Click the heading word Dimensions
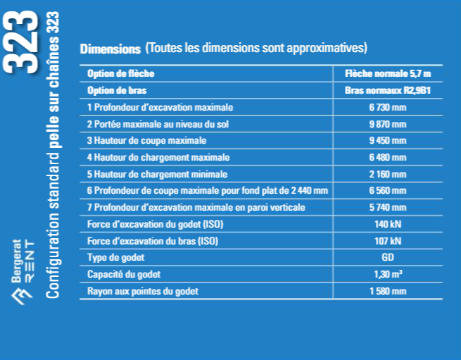[x=110, y=49]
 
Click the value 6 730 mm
[x=388, y=107]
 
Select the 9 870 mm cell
[x=388, y=124]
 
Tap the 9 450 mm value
[x=388, y=140]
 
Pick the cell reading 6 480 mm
[x=388, y=157]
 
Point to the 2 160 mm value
[x=388, y=174]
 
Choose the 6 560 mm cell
[x=388, y=191]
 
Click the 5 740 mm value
[x=388, y=207]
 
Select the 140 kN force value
[x=388, y=224]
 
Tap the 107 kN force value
[x=388, y=241]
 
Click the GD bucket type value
[x=388, y=257]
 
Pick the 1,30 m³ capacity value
[x=388, y=274]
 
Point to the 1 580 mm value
[x=388, y=291]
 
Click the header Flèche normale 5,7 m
[x=388, y=73]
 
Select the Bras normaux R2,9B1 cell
[x=388, y=90]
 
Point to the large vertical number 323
[x=20, y=40]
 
